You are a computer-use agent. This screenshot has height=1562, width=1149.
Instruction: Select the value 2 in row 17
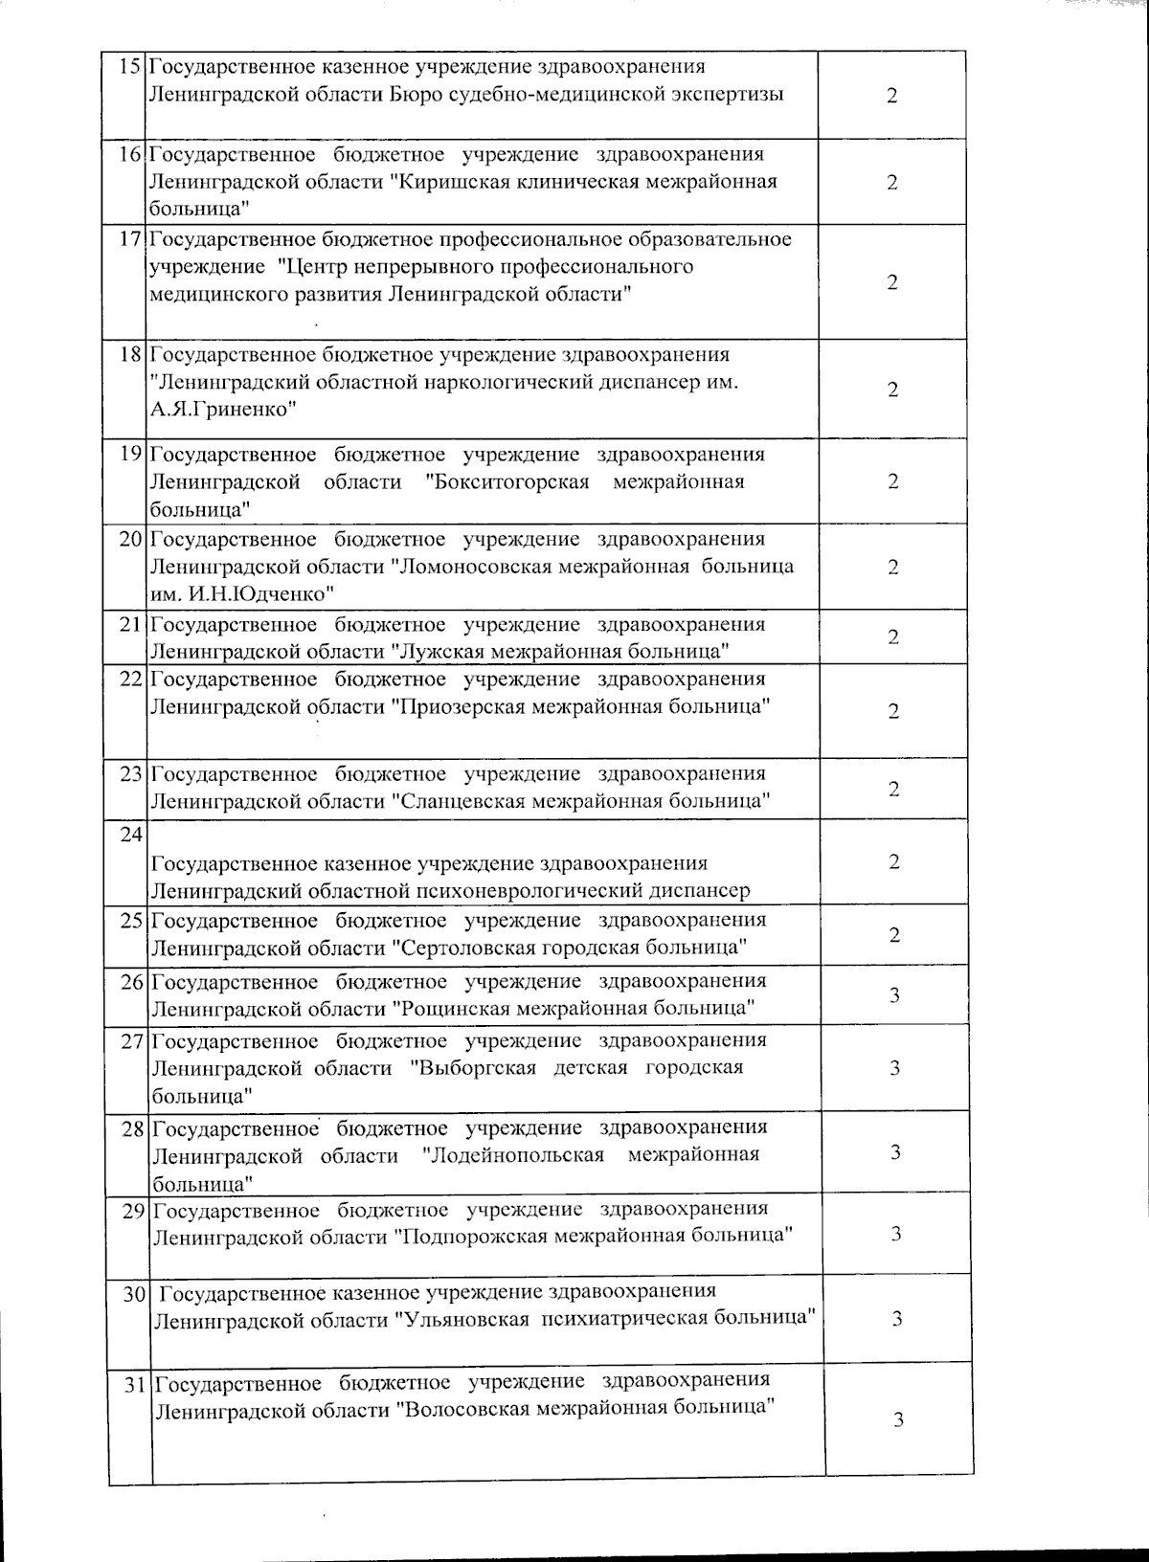pyautogui.click(x=892, y=282)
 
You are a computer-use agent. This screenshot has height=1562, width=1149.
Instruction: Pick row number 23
pyautogui.click(x=131, y=773)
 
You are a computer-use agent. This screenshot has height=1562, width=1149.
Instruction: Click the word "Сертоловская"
pyautogui.click(x=463, y=948)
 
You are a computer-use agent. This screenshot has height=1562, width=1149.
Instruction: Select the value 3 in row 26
pyautogui.click(x=894, y=995)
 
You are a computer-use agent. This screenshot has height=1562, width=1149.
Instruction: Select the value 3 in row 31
pyautogui.click(x=898, y=1420)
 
